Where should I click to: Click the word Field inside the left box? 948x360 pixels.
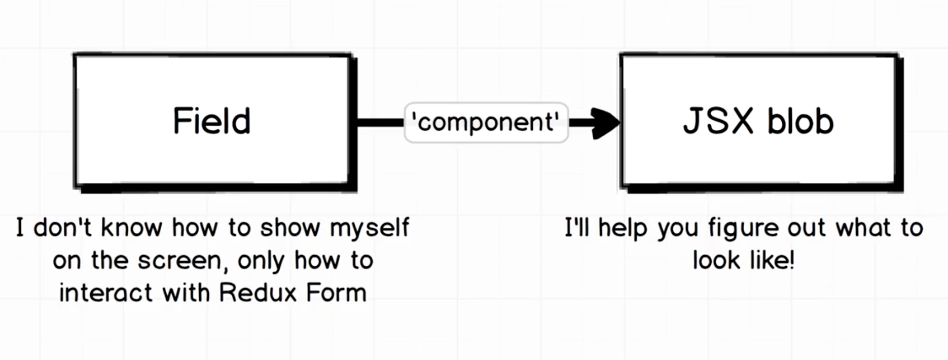point(212,121)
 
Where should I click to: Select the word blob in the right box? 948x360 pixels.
point(800,122)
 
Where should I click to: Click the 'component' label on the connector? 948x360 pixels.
point(486,122)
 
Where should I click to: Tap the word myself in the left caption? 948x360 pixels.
point(370,227)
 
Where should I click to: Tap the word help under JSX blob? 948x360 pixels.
point(623,228)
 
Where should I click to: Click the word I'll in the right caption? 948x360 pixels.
point(577,227)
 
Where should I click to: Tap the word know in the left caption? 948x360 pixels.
point(132,227)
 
